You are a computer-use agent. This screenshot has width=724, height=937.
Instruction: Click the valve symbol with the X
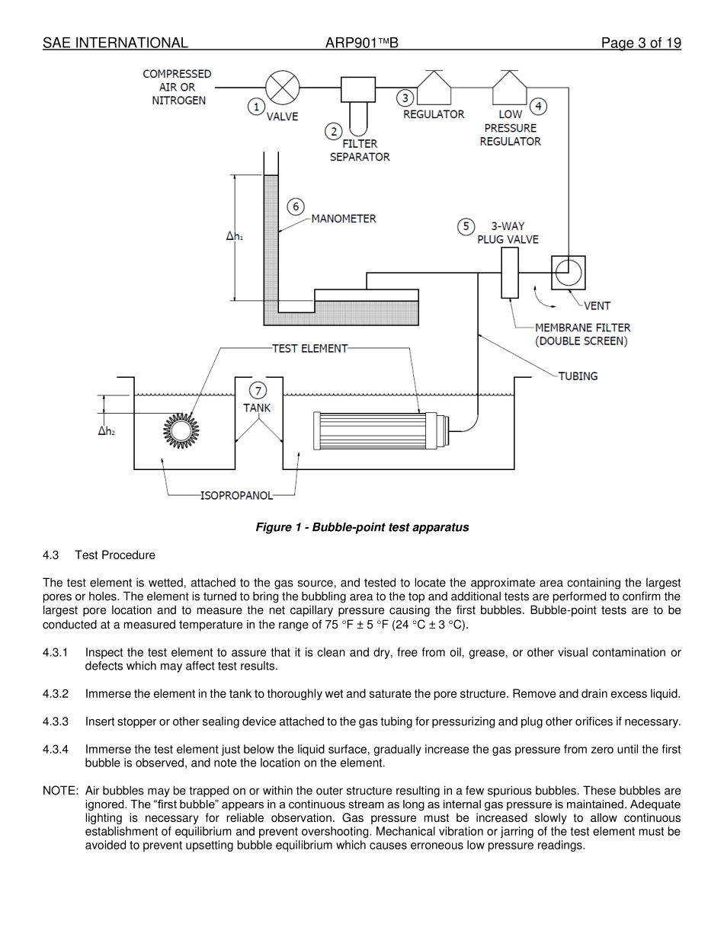point(283,87)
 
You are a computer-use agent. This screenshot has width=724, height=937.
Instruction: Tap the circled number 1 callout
point(256,107)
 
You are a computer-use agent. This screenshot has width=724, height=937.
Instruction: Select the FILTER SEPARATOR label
point(359,150)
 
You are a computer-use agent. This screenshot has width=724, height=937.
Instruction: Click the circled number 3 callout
point(405,98)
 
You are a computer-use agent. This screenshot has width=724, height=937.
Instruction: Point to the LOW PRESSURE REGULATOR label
point(510,128)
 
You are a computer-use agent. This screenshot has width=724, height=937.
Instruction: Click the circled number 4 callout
point(538,106)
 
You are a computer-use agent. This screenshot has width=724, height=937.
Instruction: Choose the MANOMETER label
point(343,219)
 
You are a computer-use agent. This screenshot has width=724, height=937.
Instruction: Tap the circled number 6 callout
point(296,206)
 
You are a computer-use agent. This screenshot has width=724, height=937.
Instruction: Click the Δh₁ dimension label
point(234,237)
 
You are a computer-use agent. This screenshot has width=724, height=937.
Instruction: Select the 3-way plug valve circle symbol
point(568,272)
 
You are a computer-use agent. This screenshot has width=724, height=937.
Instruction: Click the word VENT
point(597,306)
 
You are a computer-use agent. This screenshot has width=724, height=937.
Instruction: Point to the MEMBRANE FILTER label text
point(582,334)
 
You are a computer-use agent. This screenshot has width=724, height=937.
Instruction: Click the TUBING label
point(578,376)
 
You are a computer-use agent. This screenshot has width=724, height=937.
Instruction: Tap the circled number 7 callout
point(258,391)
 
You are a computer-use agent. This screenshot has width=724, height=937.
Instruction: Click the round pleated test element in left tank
point(181,431)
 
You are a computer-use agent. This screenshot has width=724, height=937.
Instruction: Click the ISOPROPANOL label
point(236,495)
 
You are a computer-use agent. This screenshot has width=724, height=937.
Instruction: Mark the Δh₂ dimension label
point(106,431)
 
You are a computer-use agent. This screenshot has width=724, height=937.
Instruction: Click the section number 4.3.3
point(56,721)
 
